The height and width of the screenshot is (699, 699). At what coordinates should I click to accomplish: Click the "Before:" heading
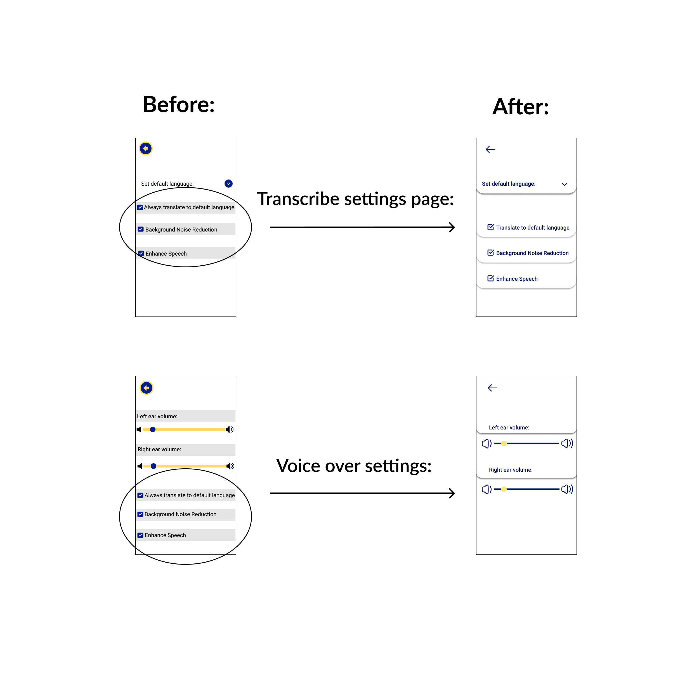(x=179, y=105)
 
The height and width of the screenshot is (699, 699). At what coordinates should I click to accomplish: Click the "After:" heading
(x=521, y=107)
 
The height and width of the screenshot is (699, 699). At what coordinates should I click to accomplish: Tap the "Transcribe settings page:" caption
(x=355, y=199)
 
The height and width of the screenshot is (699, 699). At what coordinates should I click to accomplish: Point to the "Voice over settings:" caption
(x=354, y=466)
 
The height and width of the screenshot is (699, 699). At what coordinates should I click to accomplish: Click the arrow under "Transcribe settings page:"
(x=362, y=227)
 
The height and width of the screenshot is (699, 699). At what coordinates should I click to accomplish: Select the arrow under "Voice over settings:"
(x=362, y=493)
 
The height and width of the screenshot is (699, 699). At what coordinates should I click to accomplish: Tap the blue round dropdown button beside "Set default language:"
(x=228, y=183)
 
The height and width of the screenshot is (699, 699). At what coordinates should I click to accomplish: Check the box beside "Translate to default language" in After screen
(x=491, y=227)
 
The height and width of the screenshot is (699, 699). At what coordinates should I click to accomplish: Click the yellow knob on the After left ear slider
(x=504, y=443)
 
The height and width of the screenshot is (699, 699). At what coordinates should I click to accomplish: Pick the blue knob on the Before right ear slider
(x=154, y=466)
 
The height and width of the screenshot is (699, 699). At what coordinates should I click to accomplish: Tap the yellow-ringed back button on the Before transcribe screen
(x=146, y=148)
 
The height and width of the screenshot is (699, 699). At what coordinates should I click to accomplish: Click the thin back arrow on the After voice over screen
(x=492, y=388)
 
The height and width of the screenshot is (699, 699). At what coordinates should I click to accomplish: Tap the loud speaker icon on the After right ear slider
(x=567, y=489)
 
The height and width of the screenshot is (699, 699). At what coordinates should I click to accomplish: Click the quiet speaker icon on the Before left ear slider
(x=139, y=429)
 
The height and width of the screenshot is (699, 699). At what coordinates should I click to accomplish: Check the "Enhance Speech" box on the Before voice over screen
(x=140, y=535)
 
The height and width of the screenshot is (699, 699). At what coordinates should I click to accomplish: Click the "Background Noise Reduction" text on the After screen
(x=532, y=253)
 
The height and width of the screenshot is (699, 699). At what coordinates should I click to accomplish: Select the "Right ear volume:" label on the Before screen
(x=159, y=449)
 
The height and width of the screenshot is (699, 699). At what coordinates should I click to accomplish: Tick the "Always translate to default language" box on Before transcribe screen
(x=140, y=207)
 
